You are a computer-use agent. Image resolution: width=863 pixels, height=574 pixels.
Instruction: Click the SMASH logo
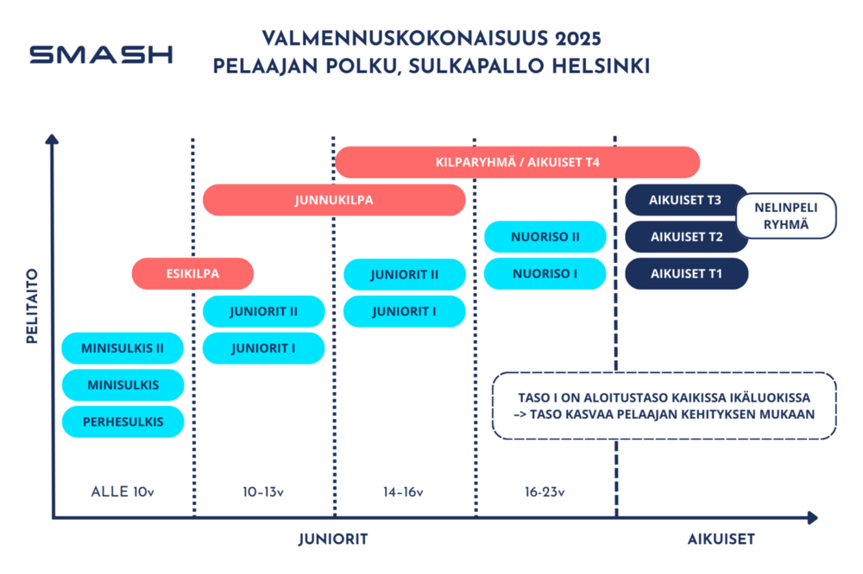coord(101,54)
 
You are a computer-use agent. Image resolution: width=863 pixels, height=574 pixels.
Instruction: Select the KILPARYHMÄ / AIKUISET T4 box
coord(517,162)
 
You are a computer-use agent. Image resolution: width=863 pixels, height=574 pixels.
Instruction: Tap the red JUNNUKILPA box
coord(334,200)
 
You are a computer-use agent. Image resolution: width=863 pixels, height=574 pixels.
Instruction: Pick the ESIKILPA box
coord(192,273)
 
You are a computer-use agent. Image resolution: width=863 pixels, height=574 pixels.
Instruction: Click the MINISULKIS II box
coord(123,348)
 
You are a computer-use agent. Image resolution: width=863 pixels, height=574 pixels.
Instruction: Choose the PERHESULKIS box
coord(123,421)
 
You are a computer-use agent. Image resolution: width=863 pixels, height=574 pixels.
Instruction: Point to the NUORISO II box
coord(545,236)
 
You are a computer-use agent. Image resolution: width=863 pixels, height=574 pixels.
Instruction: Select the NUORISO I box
coord(545,273)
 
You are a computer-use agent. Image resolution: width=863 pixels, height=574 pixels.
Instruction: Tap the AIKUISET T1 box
coord(686,273)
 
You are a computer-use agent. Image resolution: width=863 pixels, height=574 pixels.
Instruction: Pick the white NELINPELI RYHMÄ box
coord(786,215)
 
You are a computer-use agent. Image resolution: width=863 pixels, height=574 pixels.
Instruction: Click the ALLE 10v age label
coord(123,491)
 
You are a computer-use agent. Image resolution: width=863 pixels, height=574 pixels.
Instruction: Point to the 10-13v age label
coord(263,491)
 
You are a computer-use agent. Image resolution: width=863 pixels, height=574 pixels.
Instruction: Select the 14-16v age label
coord(403,491)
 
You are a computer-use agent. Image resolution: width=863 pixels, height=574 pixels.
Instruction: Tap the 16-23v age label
coord(545,491)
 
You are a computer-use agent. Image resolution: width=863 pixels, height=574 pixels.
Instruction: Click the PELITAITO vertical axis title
coord(32,306)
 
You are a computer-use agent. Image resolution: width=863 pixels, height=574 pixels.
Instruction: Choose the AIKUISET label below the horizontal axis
coord(721,539)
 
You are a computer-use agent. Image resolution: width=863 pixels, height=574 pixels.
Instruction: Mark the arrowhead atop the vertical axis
coord(52,139)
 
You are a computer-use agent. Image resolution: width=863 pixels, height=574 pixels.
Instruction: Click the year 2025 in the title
coord(578,39)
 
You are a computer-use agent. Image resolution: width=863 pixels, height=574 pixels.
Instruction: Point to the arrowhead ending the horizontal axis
coord(812,517)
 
